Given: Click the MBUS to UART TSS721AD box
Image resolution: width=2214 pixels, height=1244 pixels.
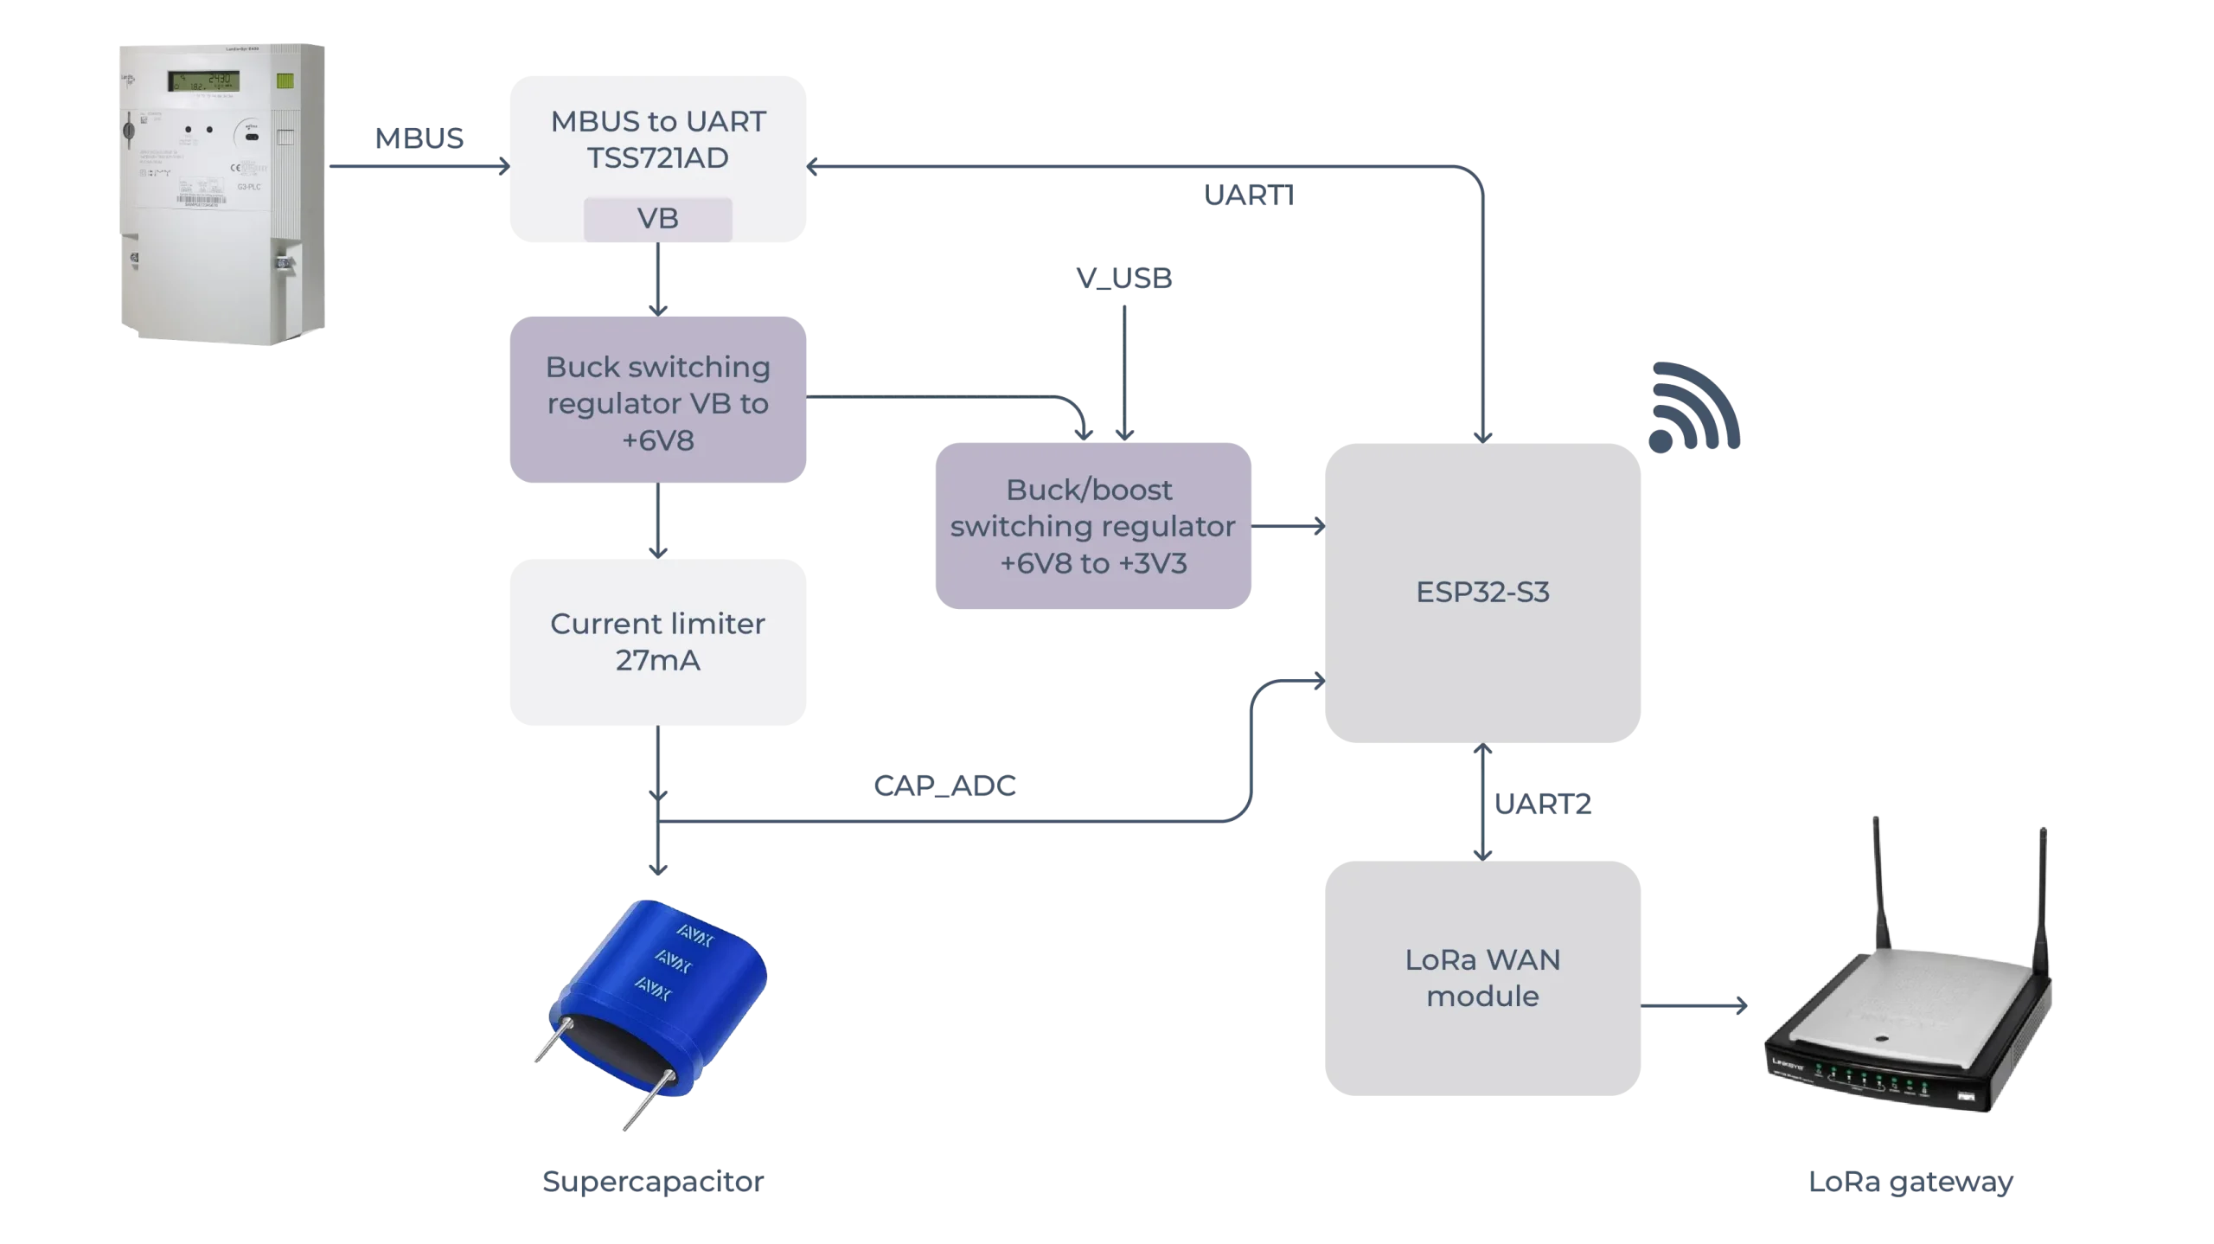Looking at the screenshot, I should click(x=657, y=138).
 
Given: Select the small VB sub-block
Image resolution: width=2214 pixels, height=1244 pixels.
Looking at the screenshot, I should click(x=657, y=219).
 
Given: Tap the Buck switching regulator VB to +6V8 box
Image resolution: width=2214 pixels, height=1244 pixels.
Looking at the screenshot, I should click(x=657, y=402).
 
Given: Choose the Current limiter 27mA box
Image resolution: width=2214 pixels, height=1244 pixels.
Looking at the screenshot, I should click(x=657, y=641).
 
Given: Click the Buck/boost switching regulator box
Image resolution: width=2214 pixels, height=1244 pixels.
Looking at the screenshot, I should click(x=1091, y=526).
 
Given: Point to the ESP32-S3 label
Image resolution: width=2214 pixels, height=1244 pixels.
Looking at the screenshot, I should click(x=1482, y=593).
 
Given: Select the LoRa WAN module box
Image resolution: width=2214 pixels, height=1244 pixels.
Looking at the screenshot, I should click(x=1482, y=978).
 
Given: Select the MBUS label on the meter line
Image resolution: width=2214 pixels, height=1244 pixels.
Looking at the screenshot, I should click(x=419, y=138).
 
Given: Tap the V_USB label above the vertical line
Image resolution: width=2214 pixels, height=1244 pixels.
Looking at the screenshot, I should click(x=1124, y=277).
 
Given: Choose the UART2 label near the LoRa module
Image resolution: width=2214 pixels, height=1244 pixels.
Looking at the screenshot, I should click(x=1544, y=804).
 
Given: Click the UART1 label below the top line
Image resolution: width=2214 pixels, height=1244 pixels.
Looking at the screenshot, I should click(x=1248, y=196).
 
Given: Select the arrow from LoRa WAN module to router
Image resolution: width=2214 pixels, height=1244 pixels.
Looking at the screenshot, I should click(x=1695, y=1006).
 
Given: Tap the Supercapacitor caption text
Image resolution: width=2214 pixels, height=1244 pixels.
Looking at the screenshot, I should click(x=653, y=1182).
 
